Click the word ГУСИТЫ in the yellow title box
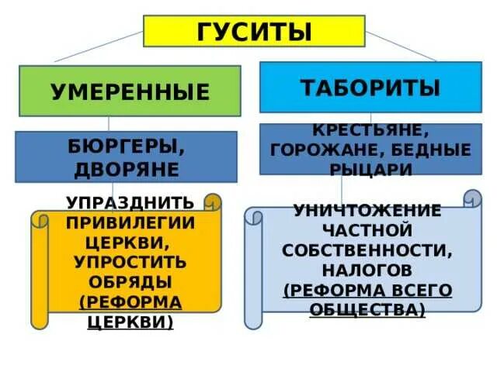tap(255, 32)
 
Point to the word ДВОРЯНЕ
tap(128, 169)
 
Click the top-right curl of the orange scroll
tap(214, 202)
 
